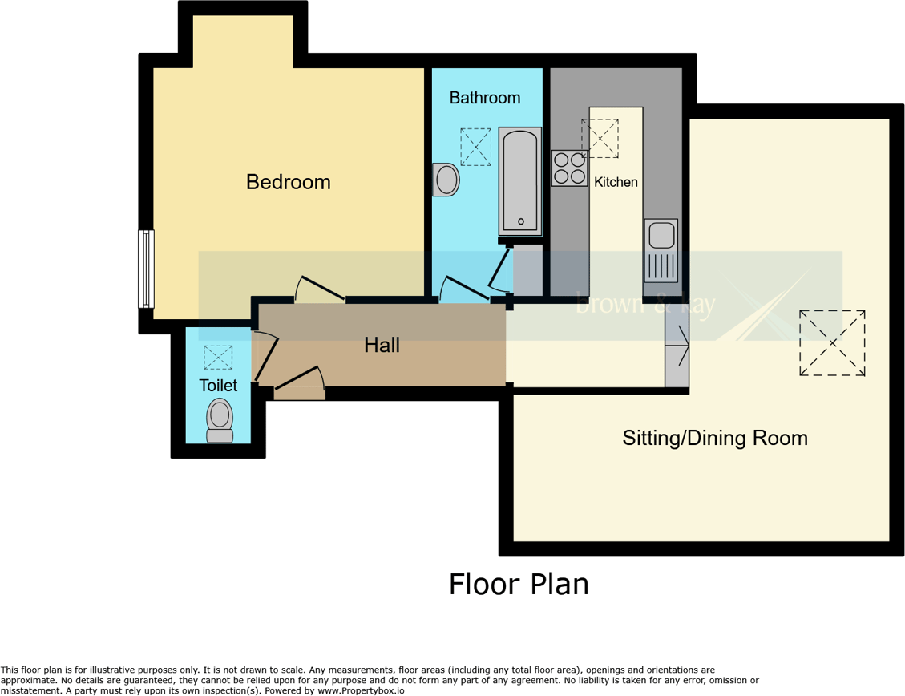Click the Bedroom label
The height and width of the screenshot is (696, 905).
(288, 182)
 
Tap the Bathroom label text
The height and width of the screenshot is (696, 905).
(484, 98)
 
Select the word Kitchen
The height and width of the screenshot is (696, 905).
(616, 182)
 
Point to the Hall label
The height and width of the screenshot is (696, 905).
(382, 346)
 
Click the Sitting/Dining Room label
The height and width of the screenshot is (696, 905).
(715, 438)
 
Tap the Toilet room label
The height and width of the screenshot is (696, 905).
(218, 386)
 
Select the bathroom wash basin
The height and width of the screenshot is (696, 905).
(446, 180)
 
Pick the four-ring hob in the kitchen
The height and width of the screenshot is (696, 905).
(569, 168)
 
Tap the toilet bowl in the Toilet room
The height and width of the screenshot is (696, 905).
(219, 419)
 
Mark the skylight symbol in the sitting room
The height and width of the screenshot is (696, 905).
(832, 342)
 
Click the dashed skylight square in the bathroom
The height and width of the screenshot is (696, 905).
(475, 147)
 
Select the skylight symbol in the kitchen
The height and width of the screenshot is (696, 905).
(600, 138)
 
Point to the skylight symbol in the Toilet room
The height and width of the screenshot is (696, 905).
(217, 358)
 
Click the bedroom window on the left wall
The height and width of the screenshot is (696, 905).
(146, 269)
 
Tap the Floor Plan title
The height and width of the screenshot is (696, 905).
(519, 584)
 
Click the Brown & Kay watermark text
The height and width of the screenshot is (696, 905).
(645, 306)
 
